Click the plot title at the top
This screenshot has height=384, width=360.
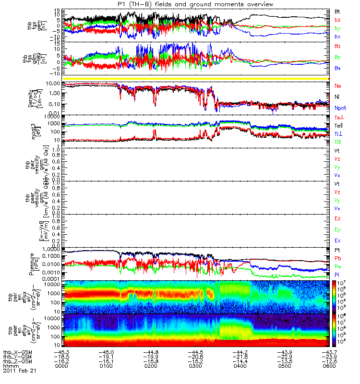point(195,4)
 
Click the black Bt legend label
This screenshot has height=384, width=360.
point(337,11)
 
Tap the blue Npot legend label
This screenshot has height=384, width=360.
point(340,108)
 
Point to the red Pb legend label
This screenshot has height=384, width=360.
point(337,258)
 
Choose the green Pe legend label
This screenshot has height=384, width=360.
point(337,266)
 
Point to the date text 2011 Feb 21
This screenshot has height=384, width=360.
point(20,371)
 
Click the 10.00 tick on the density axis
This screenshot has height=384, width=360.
point(54,84)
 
